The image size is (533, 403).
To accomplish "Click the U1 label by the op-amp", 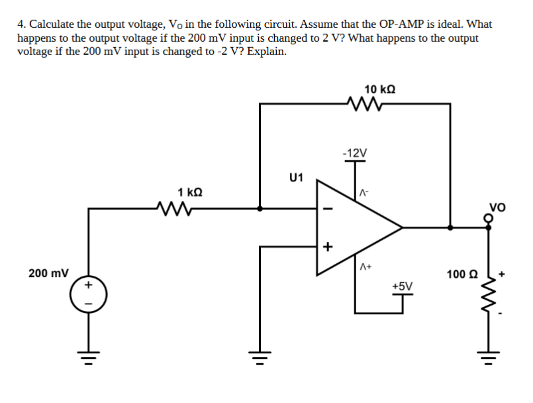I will [x=296, y=177].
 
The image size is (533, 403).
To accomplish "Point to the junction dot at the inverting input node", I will [x=260, y=208].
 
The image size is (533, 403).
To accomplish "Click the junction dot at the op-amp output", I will [x=450, y=227].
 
